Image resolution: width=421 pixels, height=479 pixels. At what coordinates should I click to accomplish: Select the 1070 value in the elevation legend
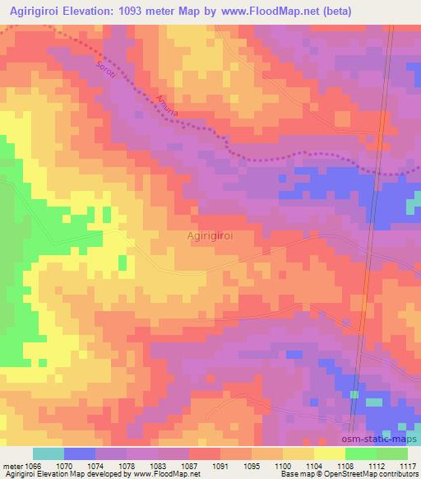[76, 465]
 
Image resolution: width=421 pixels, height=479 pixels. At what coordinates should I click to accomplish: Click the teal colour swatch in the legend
[48, 453]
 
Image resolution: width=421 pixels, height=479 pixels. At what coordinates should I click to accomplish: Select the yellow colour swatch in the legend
[329, 453]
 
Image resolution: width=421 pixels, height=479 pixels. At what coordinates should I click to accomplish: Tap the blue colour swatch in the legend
[79, 453]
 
